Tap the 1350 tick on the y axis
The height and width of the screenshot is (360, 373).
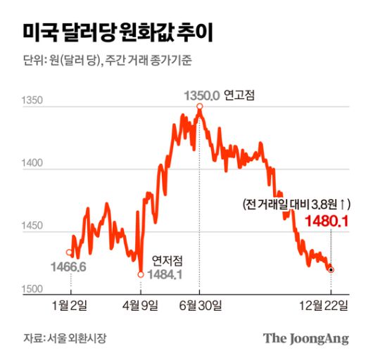32,101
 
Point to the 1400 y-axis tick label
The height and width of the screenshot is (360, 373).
32,164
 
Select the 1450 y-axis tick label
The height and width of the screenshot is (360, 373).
32,226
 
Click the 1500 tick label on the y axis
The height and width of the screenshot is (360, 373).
32,289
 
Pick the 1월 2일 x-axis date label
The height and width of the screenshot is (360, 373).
70,304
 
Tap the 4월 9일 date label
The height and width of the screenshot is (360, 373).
141,304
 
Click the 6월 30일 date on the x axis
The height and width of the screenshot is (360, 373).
201,304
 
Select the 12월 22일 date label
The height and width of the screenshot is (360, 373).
328,304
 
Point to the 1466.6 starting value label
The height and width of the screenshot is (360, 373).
68,266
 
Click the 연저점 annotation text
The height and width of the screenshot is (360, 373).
166,260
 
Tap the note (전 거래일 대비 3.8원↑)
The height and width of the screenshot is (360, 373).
295,205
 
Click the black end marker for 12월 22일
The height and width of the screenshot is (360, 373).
331,269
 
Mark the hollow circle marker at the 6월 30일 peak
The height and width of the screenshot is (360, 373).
200,106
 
